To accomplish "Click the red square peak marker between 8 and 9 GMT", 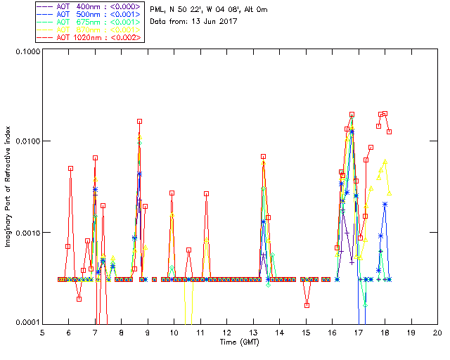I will (139, 122).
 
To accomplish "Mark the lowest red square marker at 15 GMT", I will (307, 305).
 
